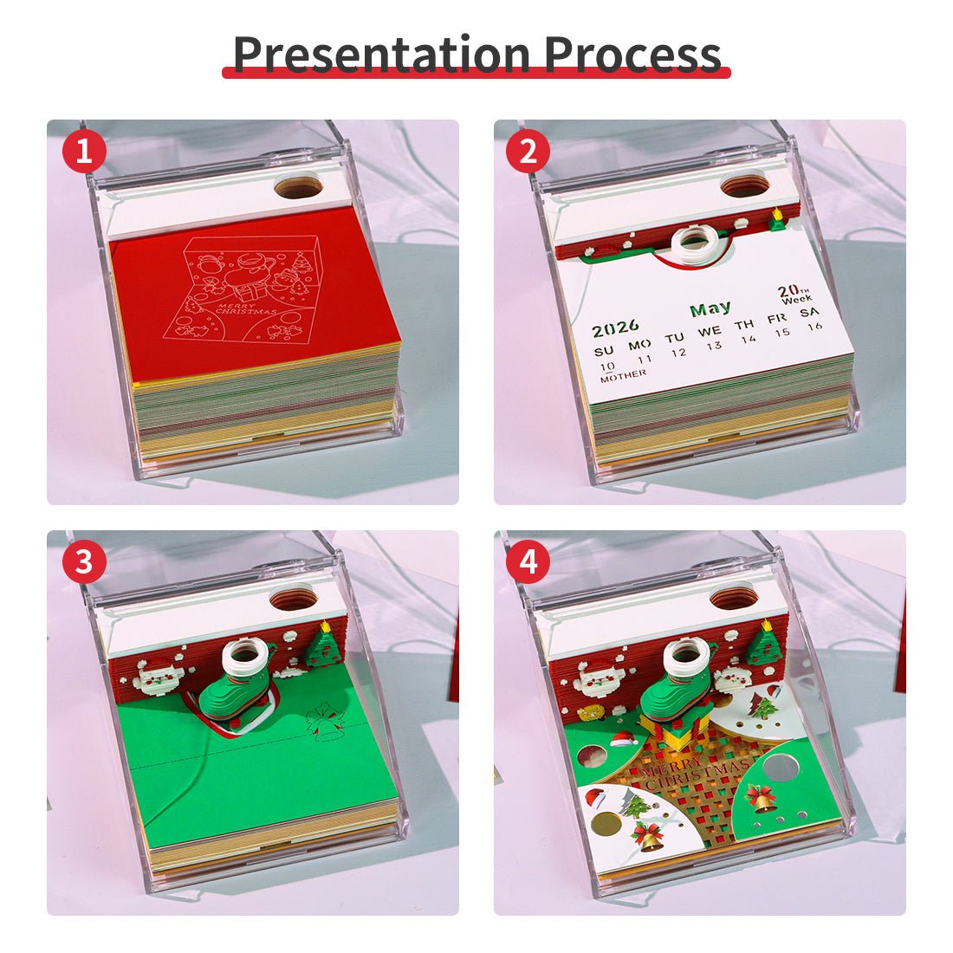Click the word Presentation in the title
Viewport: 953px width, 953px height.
[x=382, y=54]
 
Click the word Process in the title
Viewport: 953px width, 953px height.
[x=632, y=54]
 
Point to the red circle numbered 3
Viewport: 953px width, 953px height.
[x=84, y=563]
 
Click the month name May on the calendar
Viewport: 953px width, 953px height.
[x=710, y=308]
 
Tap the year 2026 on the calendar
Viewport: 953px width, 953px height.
[x=616, y=328]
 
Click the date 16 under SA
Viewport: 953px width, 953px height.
[x=814, y=327]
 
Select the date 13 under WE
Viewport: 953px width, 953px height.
[x=713, y=346]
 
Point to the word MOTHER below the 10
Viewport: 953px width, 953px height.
[x=623, y=374]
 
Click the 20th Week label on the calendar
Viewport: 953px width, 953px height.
[x=794, y=295]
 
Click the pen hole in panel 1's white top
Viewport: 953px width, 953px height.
[x=298, y=185]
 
